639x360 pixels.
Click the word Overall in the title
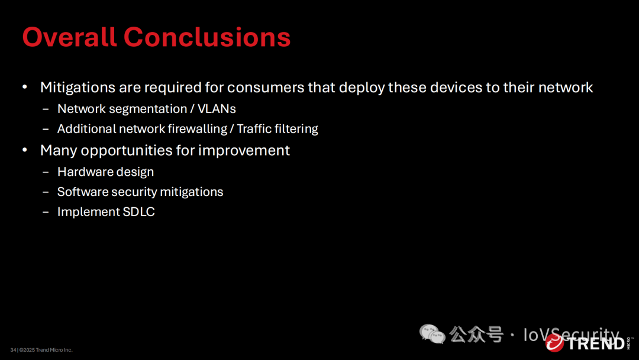tap(69, 37)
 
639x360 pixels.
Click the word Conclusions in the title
tap(207, 37)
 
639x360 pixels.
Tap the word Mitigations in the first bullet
tap(78, 88)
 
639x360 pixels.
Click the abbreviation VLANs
tap(217, 109)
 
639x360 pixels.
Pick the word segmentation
tap(148, 110)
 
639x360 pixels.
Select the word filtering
tap(296, 129)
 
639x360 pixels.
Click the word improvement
tap(244, 151)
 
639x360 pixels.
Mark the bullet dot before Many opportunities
tap(25, 150)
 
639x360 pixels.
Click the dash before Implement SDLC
tap(46, 212)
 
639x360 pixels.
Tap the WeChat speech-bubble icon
tap(432, 335)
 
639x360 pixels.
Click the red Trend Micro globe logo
tap(554, 343)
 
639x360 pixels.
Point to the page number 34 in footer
tap(13, 350)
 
